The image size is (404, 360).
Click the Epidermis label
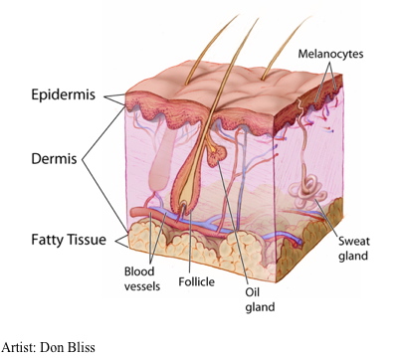(x=64, y=95)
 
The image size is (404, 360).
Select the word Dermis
(x=54, y=159)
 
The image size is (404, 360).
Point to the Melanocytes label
(x=330, y=54)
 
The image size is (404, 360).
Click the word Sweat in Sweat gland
(x=353, y=241)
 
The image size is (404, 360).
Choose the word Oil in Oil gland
(x=253, y=292)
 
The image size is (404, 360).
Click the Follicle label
(x=197, y=281)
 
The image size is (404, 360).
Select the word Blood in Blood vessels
(x=139, y=271)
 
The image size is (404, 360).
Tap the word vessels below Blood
(x=142, y=286)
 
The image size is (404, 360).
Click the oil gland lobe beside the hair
(x=217, y=155)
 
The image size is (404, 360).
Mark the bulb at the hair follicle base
(x=184, y=203)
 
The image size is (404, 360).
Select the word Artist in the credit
(x=18, y=347)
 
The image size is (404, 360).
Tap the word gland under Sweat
(x=353, y=257)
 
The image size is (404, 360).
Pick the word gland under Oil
(x=260, y=307)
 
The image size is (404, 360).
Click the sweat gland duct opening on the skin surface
(x=299, y=101)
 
